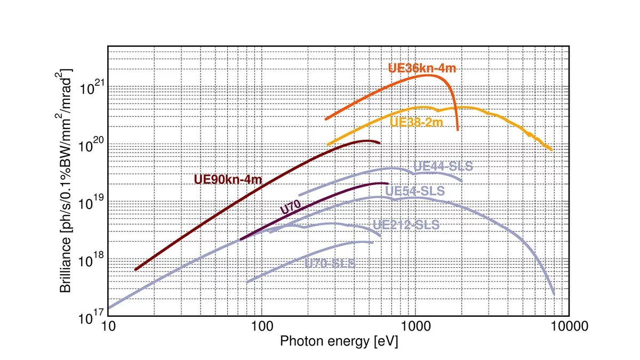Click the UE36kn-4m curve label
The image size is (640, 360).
click(422, 68)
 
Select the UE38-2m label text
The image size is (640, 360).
click(417, 122)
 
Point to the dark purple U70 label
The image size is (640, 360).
click(292, 206)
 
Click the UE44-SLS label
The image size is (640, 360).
click(443, 166)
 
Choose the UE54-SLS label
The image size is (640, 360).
click(414, 190)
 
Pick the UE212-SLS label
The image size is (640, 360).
click(406, 225)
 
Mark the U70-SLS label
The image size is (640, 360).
click(329, 263)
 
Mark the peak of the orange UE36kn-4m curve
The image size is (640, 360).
click(428, 75)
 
